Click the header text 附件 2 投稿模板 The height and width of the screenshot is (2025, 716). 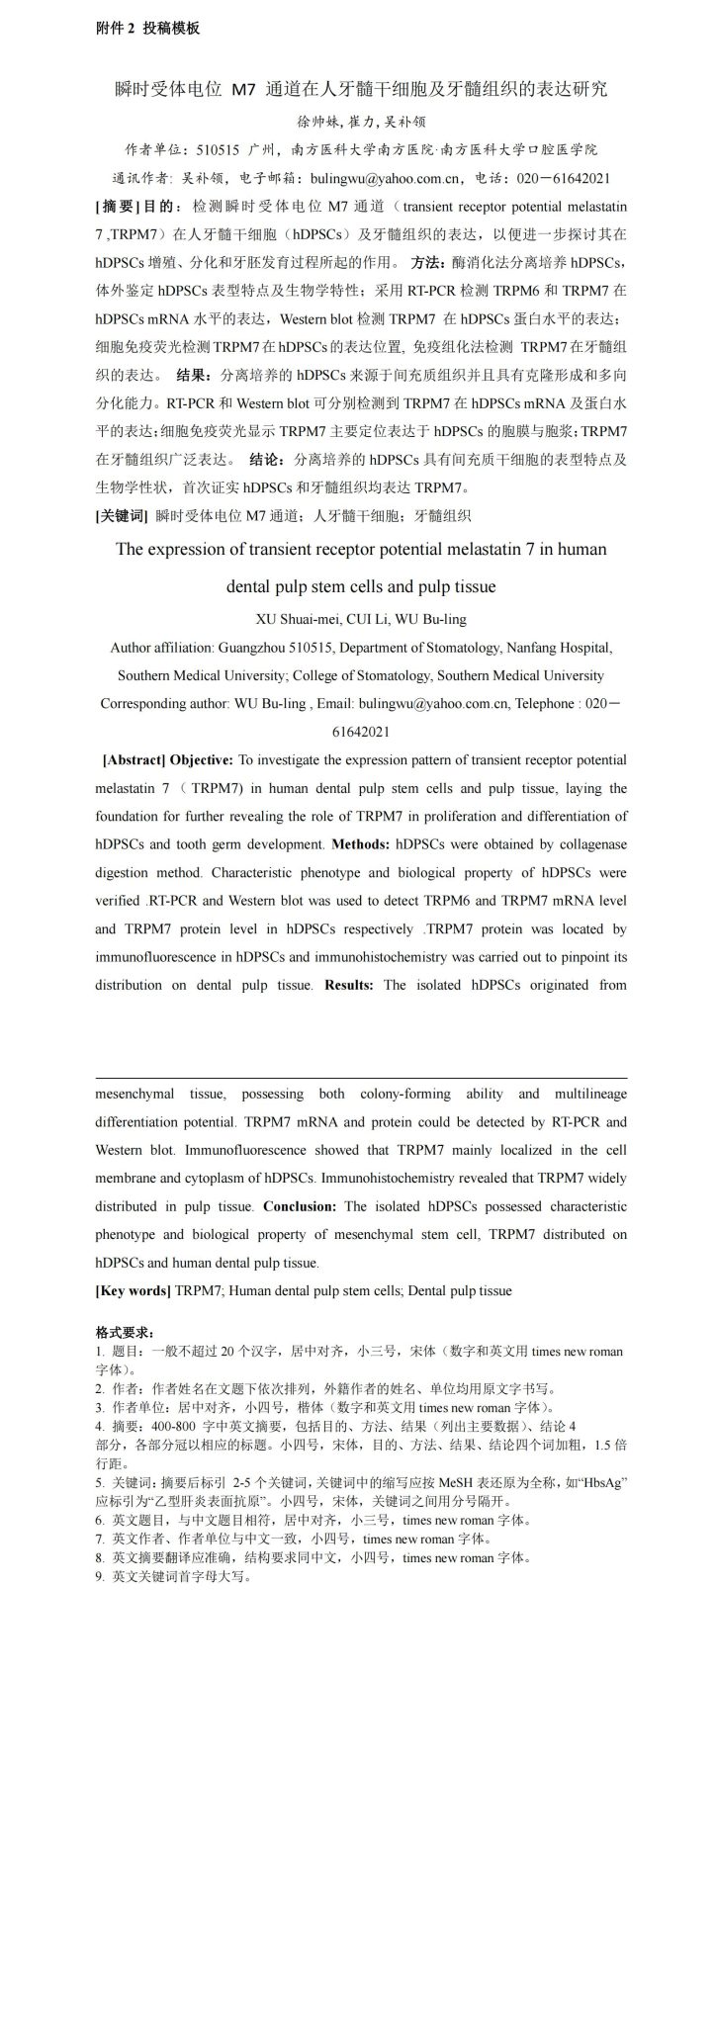point(147,29)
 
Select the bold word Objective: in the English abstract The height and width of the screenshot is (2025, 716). point(202,760)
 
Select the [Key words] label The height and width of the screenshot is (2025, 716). point(133,1290)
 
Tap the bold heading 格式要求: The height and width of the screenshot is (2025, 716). point(125,1333)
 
